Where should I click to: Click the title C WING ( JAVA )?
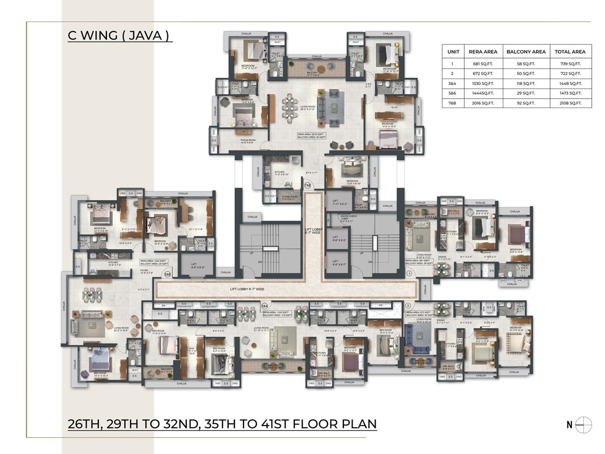120,35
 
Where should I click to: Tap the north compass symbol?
584,425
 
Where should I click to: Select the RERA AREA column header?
483,52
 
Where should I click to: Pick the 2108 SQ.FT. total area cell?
570,103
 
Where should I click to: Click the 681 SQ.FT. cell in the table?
483,64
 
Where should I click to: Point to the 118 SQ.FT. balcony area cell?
526,84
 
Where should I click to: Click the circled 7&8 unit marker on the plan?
308,185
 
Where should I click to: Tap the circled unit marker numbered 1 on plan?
409,273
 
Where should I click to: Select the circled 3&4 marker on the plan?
265,306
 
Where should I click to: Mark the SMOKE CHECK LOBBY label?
348,218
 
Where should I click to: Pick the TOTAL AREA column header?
570,52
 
